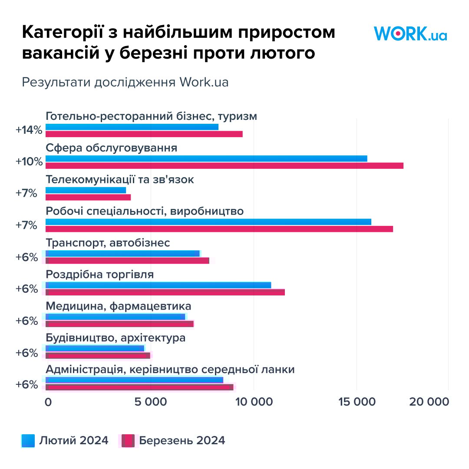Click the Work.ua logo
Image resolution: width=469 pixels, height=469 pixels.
[410, 33]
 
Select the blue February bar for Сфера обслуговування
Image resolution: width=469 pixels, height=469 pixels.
[206, 159]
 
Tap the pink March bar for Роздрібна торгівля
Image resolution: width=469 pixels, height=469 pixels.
[165, 292]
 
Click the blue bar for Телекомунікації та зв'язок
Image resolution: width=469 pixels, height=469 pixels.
[86, 190]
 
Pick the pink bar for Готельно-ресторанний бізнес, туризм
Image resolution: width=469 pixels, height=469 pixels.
[144, 134]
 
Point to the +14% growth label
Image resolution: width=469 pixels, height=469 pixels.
[29, 130]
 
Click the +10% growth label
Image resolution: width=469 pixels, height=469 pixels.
[29, 162]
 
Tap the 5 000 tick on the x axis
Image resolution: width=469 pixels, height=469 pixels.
[150, 402]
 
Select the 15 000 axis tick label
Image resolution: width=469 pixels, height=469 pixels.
[357, 402]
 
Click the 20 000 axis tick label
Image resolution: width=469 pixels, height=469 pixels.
[429, 402]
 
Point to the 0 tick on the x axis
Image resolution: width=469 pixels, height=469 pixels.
[48, 402]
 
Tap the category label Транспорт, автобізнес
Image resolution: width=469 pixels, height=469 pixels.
[108, 243]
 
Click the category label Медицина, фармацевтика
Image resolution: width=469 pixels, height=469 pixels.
[118, 306]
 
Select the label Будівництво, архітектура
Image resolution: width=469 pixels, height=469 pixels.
[116, 338]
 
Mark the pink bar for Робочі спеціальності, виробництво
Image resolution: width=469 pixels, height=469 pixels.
[219, 229]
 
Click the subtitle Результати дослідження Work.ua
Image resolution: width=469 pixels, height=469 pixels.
[125, 82]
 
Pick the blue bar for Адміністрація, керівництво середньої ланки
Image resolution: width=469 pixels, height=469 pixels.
[134, 380]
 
